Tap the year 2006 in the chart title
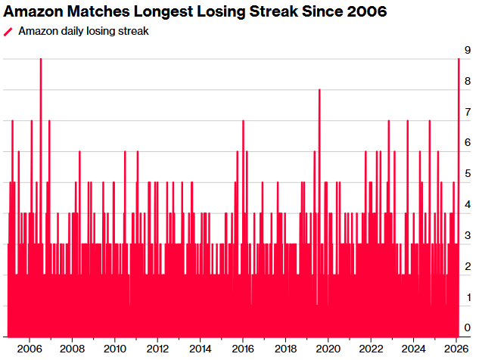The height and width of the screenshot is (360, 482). (x=366, y=12)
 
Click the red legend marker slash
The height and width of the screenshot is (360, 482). (x=8, y=31)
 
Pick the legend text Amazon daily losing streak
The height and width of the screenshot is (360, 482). (x=83, y=31)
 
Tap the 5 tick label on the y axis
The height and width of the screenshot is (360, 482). (x=469, y=174)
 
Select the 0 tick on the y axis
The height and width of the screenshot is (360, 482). (x=469, y=327)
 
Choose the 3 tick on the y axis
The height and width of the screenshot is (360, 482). (x=469, y=236)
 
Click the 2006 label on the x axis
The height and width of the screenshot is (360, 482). (x=29, y=349)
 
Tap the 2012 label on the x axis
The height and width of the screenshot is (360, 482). (x=157, y=349)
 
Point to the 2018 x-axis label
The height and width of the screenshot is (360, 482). (x=285, y=349)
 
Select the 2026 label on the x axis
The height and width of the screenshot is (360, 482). (x=456, y=349)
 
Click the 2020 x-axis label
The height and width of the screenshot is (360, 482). (x=328, y=349)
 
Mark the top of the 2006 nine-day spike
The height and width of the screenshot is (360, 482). (x=41, y=60)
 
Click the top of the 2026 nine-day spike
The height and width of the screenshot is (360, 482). (x=459, y=60)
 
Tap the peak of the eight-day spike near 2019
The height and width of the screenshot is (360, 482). (x=319, y=90)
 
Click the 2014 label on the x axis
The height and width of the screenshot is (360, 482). (x=200, y=349)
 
